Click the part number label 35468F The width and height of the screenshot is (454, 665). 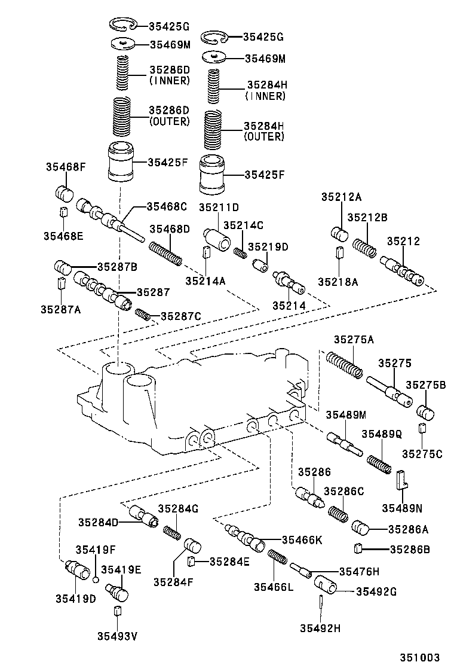(65, 167)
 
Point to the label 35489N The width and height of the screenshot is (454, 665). (402, 508)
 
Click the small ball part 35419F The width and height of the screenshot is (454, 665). (95, 579)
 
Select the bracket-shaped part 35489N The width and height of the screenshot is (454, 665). (401, 478)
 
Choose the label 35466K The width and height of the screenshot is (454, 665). (302, 540)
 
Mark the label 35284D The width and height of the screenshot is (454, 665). (99, 522)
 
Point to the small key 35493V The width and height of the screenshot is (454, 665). (118, 611)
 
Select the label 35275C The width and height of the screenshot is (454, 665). (422, 454)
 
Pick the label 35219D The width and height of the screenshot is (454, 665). (268, 246)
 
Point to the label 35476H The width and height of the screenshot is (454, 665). (359, 571)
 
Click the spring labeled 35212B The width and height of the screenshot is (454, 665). (363, 248)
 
